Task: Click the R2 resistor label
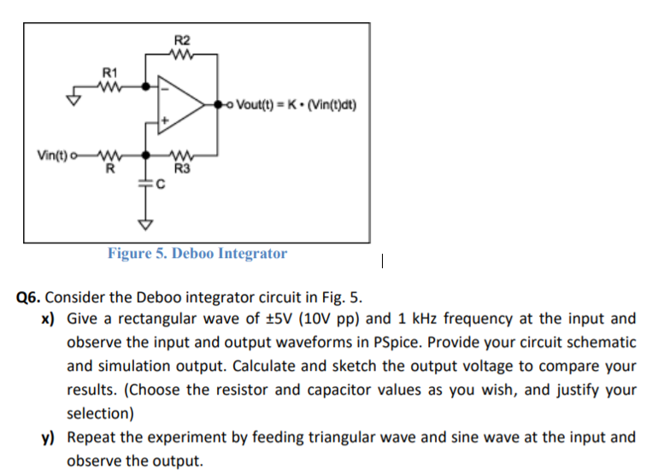pyautogui.click(x=183, y=40)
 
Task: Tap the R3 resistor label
pyautogui.click(x=181, y=168)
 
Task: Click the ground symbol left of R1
pyautogui.click(x=75, y=98)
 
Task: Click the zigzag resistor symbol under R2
pyautogui.click(x=183, y=56)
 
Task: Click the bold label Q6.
pyautogui.click(x=30, y=298)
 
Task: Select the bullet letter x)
pyautogui.click(x=50, y=320)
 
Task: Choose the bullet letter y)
pyautogui.click(x=50, y=437)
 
